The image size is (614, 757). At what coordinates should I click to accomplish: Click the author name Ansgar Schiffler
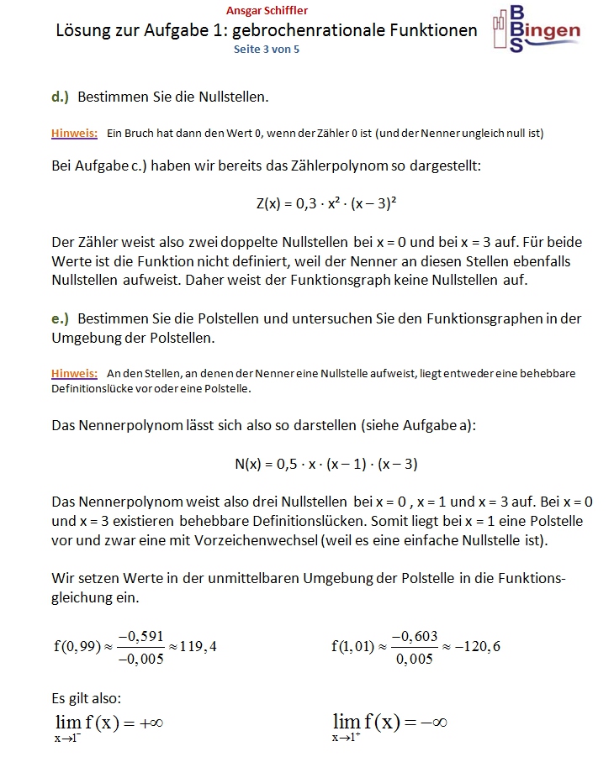(x=267, y=11)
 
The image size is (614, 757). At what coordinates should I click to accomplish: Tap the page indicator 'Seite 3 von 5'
(x=267, y=50)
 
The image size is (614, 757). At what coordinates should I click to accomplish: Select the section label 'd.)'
(x=60, y=97)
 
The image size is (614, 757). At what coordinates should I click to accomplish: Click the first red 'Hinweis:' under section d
(x=74, y=133)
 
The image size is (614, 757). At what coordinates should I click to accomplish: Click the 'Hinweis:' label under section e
(x=74, y=372)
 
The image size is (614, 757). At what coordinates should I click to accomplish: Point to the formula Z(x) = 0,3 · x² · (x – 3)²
(x=326, y=202)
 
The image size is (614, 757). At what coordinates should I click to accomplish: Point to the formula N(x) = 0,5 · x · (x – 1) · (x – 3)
(x=326, y=463)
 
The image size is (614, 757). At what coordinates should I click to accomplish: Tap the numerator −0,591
(x=140, y=636)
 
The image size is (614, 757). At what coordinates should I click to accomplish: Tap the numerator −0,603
(x=415, y=636)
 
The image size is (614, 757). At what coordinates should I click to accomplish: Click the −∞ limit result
(x=430, y=723)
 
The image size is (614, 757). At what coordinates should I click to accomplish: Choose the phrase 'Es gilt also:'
(x=87, y=697)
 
